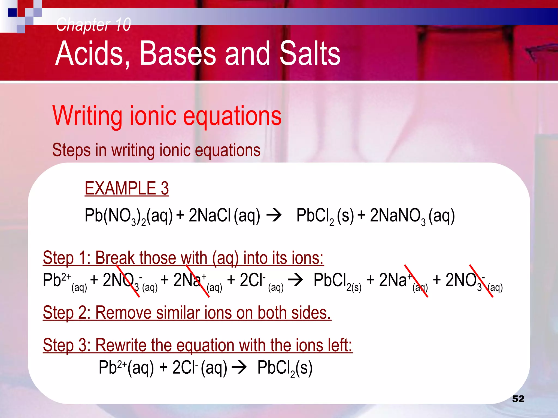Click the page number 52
[x=518, y=399]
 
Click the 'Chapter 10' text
[x=93, y=24]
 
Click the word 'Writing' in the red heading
[x=87, y=116]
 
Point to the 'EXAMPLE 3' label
[x=127, y=188]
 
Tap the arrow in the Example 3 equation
[x=274, y=216]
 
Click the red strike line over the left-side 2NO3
[x=128, y=281]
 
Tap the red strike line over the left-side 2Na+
[x=198, y=281]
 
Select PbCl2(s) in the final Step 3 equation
[x=285, y=368]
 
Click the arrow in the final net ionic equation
[x=239, y=368]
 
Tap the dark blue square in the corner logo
[x=12, y=13]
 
